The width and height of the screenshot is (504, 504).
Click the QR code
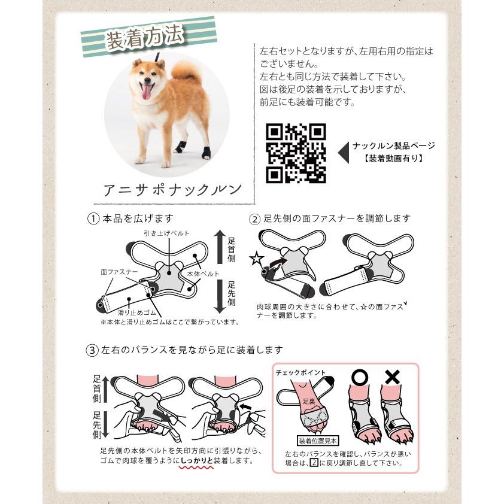click(296, 153)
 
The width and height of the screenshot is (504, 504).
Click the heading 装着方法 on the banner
click(145, 38)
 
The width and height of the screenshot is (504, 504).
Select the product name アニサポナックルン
click(172, 190)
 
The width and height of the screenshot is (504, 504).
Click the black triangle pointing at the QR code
click(344, 153)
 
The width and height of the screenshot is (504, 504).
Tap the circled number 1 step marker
click(93, 219)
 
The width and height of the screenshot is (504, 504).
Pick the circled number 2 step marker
click(254, 219)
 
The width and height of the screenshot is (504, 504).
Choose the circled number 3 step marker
click(92, 350)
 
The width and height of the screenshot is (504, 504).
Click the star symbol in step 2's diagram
click(257, 259)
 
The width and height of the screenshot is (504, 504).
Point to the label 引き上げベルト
click(166, 233)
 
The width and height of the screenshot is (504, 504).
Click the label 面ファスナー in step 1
click(119, 272)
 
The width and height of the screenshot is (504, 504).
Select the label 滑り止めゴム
click(137, 312)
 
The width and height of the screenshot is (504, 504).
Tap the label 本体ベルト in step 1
click(203, 274)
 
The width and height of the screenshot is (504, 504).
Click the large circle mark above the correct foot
click(359, 377)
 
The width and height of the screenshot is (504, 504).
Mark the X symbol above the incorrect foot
click(393, 377)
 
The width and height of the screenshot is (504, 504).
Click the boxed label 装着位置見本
click(318, 441)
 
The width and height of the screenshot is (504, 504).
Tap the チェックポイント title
click(301, 372)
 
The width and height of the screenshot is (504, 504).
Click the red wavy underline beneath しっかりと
click(196, 467)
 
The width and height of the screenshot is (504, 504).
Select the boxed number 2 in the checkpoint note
click(314, 463)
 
